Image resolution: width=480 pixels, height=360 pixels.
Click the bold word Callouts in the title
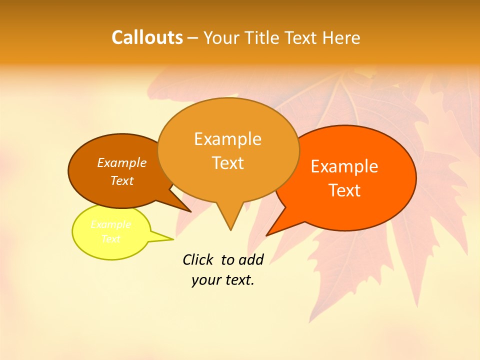click(147, 37)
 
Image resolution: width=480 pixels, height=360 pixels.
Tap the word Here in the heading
click(342, 38)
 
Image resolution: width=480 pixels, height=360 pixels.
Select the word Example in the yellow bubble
click(111, 224)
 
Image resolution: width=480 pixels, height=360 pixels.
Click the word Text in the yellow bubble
click(111, 239)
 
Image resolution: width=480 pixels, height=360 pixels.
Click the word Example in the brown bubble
click(122, 162)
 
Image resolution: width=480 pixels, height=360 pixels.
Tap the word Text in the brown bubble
click(122, 180)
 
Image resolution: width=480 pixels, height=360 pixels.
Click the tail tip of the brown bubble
click(190, 211)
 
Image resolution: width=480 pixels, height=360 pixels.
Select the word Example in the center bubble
click(228, 138)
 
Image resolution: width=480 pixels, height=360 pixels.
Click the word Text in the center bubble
click(228, 163)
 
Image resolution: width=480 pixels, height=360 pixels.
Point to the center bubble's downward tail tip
click(230, 230)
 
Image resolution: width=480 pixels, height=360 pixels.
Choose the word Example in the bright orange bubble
click(344, 166)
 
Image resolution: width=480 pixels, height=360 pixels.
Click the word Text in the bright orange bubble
click(345, 190)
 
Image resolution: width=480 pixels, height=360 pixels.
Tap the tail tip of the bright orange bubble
click(266, 235)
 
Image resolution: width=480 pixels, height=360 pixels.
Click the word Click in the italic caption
click(198, 259)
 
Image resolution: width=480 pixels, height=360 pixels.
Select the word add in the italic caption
click(251, 259)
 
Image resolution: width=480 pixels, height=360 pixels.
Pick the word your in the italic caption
click(205, 280)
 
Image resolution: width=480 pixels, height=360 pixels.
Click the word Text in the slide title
click(302, 38)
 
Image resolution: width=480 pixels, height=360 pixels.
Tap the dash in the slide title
click(193, 38)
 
